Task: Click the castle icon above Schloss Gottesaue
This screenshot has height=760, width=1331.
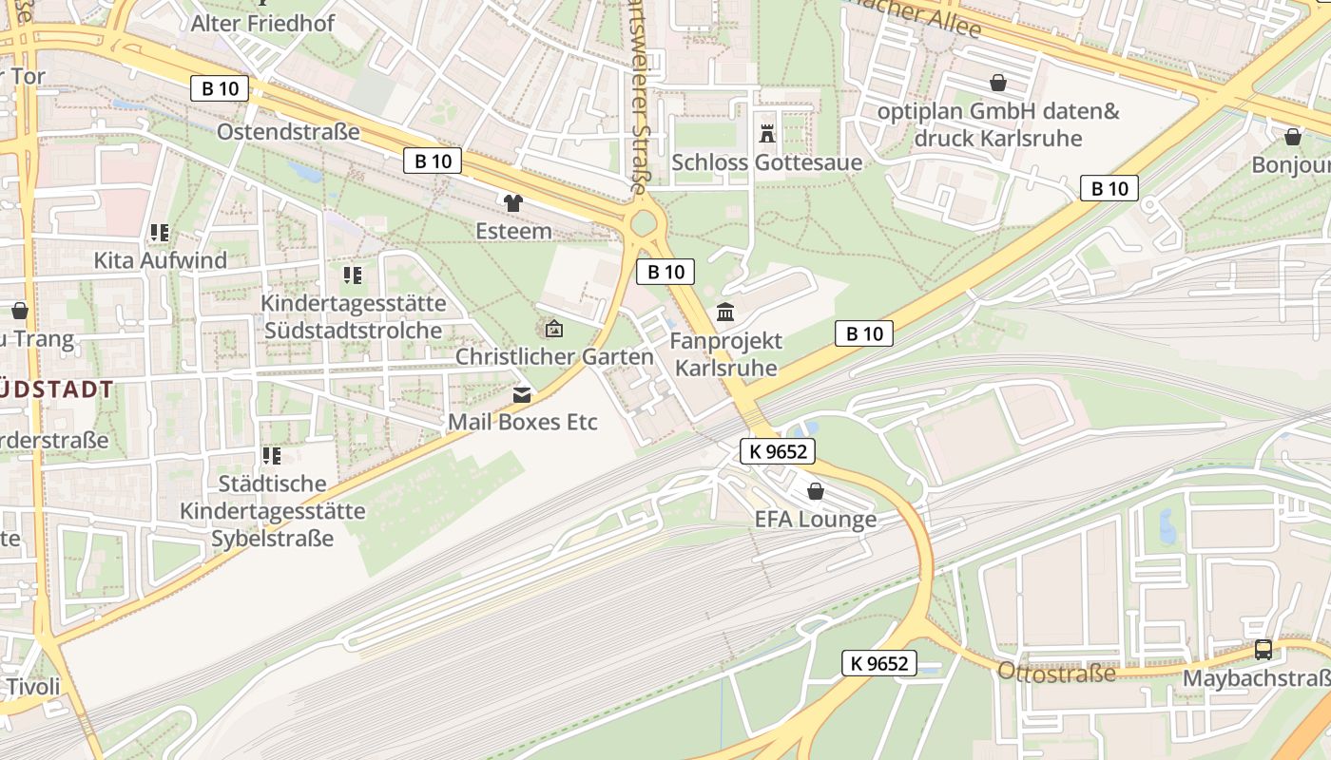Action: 767,134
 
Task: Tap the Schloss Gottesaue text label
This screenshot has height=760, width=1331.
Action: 766,162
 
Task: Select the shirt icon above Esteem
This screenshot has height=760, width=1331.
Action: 513,202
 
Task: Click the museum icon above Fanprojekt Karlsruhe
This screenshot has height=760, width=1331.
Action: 726,312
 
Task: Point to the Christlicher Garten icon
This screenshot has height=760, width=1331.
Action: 554,330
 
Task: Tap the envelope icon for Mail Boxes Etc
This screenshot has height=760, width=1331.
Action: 522,394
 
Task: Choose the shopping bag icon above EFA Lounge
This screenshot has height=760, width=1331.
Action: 815,491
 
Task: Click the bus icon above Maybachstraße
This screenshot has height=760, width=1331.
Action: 1263,650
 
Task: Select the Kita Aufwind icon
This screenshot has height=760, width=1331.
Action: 160,233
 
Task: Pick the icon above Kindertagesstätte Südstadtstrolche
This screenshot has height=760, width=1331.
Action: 353,275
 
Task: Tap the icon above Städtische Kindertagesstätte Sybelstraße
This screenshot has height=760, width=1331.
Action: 273,456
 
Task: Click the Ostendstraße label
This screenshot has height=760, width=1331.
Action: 288,131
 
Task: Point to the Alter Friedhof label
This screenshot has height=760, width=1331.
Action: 262,23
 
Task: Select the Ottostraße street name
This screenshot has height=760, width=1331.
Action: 1056,674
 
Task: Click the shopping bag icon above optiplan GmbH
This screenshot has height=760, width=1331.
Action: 998,83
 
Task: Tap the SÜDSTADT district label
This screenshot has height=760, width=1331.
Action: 57,389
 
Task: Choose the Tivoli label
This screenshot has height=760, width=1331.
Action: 33,686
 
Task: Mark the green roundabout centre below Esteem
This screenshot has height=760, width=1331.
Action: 645,224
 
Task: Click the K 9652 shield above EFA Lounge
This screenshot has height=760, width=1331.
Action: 779,451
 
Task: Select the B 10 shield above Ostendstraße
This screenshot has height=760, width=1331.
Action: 220,88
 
